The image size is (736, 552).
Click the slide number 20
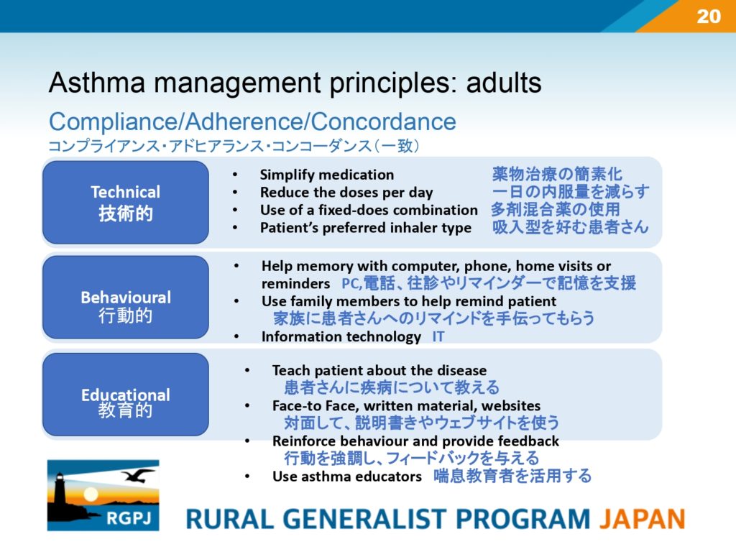coord(709,17)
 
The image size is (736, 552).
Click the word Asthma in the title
coord(97,83)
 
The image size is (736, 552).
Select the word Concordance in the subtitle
coord(383,121)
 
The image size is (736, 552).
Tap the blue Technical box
coord(126,202)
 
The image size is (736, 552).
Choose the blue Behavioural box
coord(126,297)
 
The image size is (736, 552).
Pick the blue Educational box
coord(126,395)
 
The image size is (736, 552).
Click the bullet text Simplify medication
coord(327,175)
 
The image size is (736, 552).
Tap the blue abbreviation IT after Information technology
coord(438,336)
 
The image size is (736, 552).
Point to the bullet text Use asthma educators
coord(347,477)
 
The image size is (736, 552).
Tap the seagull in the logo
coord(138,475)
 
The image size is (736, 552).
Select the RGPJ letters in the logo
coord(129,518)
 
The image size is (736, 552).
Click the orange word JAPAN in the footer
coord(642,519)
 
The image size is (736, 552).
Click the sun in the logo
coord(91,494)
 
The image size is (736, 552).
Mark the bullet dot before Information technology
coord(236,336)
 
